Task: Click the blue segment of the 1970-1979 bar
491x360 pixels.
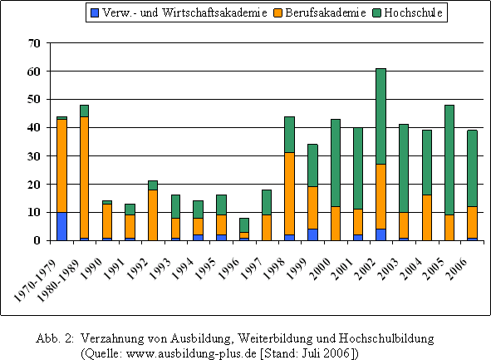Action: point(61,226)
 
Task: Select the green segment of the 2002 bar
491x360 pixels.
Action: point(381,116)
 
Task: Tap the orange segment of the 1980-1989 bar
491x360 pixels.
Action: point(85,177)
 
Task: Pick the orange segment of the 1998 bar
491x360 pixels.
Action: point(289,194)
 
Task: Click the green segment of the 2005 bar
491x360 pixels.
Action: point(449,160)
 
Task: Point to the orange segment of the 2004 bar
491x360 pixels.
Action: point(426,218)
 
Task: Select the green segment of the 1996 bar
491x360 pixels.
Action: point(244,225)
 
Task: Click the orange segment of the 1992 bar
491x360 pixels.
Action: point(153,215)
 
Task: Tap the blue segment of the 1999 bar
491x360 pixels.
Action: point(312,234)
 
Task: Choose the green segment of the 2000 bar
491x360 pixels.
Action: point(335,163)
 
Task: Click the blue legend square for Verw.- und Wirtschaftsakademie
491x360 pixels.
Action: point(95,12)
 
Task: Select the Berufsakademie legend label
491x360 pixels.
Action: point(326,12)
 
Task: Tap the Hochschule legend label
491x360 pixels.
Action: point(414,12)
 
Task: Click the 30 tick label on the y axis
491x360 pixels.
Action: point(34,156)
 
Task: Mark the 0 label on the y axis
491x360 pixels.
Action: point(37,240)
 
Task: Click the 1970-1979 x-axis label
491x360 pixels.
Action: point(36,280)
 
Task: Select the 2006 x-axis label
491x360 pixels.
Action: point(458,269)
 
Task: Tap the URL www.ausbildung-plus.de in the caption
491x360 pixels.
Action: point(191,353)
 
